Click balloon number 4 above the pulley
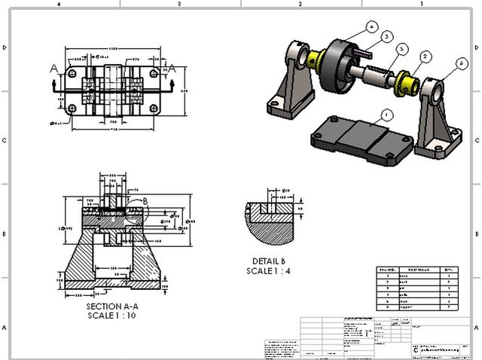[x=371, y=26]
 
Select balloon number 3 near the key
[x=386, y=35]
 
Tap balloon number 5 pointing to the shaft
[x=403, y=49]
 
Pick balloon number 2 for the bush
[x=426, y=56]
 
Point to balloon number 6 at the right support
[x=461, y=66]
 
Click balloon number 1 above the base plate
[x=386, y=114]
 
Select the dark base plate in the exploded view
[x=361, y=139]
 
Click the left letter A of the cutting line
[x=53, y=68]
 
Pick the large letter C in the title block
[x=416, y=350]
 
